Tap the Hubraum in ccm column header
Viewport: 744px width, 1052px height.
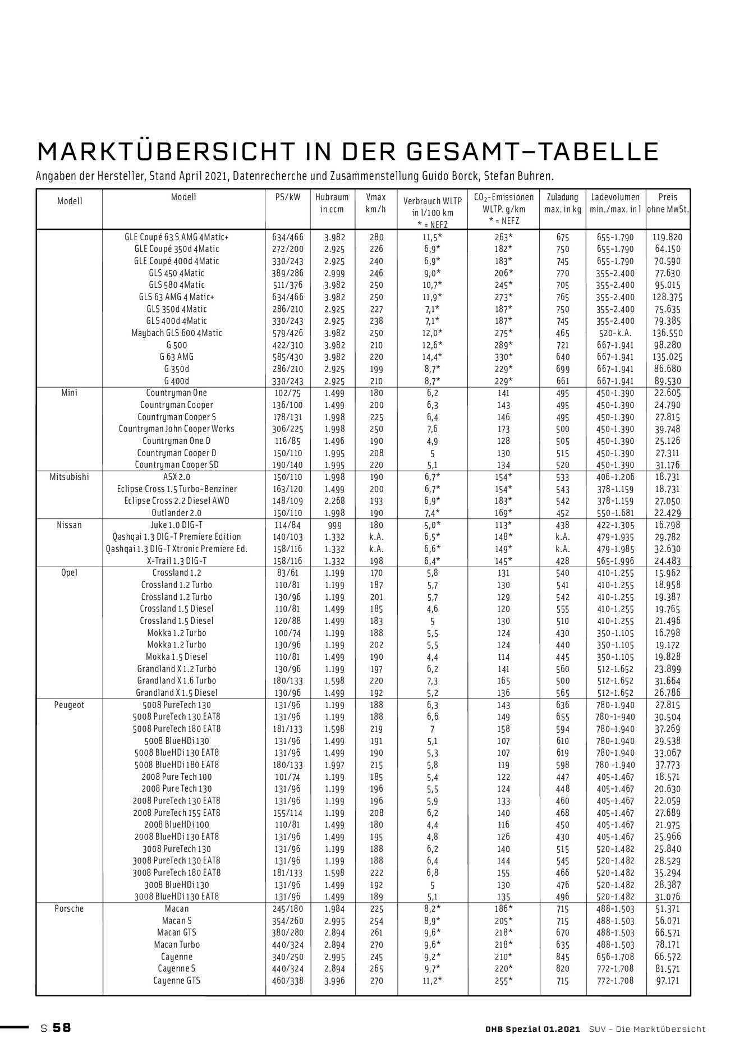[332, 203]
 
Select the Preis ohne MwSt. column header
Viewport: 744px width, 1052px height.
[668, 203]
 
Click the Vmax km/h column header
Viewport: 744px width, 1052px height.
[375, 203]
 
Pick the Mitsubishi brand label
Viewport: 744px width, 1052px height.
[70, 477]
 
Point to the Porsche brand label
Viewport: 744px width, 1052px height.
[69, 908]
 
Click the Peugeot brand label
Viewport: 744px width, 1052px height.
[69, 705]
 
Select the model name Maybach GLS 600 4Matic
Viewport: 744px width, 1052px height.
[177, 333]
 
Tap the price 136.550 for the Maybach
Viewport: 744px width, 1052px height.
[668, 333]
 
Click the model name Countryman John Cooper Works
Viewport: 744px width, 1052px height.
[177, 429]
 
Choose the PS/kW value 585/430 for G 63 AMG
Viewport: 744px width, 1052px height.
[287, 357]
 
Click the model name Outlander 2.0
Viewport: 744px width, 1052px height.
[177, 513]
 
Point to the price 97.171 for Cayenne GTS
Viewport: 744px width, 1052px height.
[668, 981]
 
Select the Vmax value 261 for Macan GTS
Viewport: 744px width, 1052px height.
[376, 932]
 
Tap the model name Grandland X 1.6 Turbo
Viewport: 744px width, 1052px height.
[177, 681]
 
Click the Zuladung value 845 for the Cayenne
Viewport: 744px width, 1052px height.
[562, 957]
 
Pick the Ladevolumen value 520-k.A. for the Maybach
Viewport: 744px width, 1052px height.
[615, 333]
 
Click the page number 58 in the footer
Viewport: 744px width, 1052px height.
[62, 1028]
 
